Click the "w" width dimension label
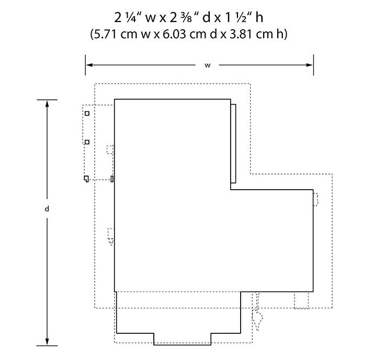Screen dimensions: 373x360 click(208, 65)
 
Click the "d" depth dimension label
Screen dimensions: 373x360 click(47, 208)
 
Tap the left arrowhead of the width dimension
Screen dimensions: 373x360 click(89, 65)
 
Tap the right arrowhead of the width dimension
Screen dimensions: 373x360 click(310, 65)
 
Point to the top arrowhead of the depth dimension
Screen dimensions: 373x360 click(47, 103)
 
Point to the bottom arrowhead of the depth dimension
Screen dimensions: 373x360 click(47, 342)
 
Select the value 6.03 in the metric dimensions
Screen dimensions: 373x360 click(174, 34)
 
